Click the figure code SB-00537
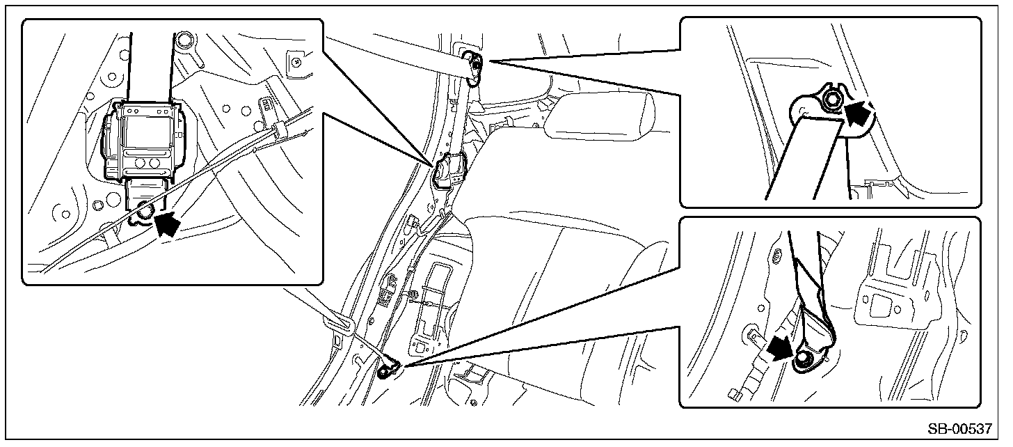click(x=959, y=429)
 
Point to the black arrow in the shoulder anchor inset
click(x=858, y=114)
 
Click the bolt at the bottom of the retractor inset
click(x=145, y=211)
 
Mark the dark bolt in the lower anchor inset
click(x=803, y=361)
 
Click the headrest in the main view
click(x=599, y=117)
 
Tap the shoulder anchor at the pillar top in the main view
click(x=474, y=68)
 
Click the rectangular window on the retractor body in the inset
click(x=144, y=130)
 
